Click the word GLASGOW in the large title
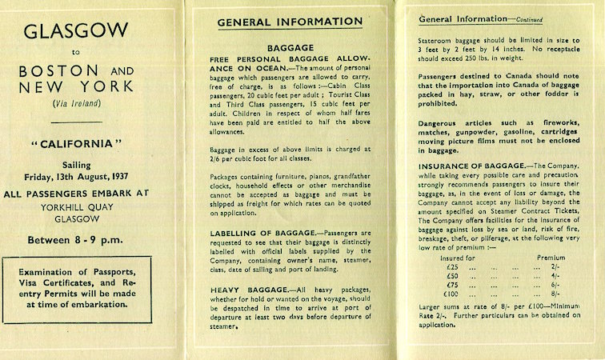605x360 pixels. pyautogui.click(x=76, y=32)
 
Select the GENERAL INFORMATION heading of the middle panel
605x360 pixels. pyautogui.click(x=290, y=22)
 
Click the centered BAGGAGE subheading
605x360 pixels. pyautogui.click(x=290, y=47)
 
